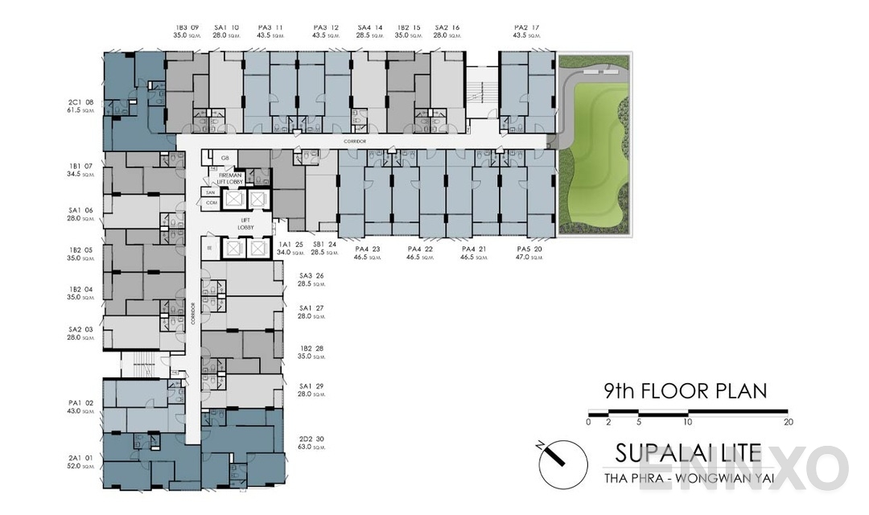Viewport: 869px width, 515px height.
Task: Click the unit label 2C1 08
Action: point(81,102)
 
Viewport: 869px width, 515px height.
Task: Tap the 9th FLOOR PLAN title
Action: point(685,392)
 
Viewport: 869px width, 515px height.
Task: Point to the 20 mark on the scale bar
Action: point(789,422)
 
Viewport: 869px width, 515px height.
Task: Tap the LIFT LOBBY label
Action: point(247,224)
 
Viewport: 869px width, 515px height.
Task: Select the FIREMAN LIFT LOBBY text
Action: point(225,178)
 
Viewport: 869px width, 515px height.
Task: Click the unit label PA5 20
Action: point(532,249)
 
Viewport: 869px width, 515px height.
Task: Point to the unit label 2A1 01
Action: point(81,456)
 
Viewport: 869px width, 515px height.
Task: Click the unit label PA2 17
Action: point(527,27)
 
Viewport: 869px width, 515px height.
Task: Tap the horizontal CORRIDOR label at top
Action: point(354,141)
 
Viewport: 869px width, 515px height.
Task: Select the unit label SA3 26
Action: point(311,274)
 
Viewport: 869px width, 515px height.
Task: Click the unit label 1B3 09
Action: point(187,27)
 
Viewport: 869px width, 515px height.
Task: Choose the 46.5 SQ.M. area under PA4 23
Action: point(370,259)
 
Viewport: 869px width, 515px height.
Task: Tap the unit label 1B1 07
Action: point(81,167)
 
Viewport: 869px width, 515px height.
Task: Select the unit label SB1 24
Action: point(324,244)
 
